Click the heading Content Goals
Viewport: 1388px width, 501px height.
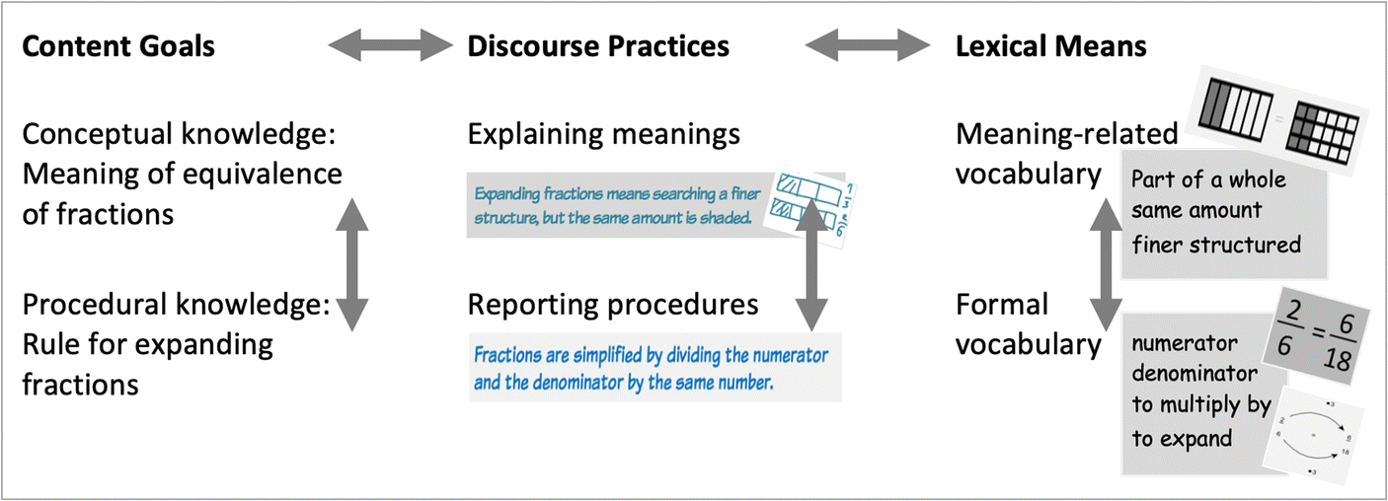pos(118,46)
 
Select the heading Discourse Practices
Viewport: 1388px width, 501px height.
pos(598,46)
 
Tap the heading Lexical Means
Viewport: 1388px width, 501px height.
pos(1050,46)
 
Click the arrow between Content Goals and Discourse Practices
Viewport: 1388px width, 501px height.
pos(389,45)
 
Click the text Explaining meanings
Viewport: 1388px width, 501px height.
pos(604,134)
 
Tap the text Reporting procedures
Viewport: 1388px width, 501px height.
pos(613,305)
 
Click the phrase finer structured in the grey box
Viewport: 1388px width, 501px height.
pos(1216,244)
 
